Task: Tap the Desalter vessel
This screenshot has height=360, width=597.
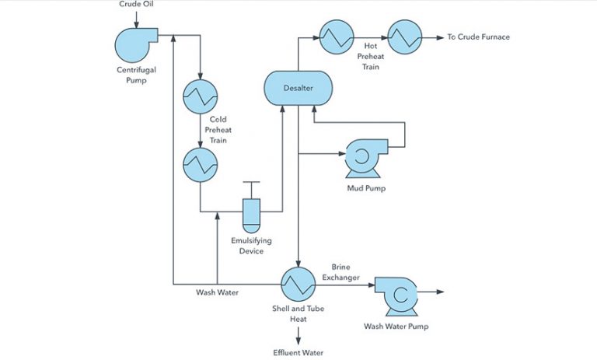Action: click(298, 88)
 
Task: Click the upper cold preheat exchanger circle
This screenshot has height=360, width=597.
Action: click(200, 97)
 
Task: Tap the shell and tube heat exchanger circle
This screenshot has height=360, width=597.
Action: click(298, 285)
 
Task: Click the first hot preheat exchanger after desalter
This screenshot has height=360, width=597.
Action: click(335, 37)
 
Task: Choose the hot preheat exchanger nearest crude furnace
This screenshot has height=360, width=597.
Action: click(404, 37)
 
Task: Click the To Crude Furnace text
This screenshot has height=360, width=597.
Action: click(478, 37)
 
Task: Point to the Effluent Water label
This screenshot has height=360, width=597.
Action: click(298, 352)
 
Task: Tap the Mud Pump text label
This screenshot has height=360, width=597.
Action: click(366, 187)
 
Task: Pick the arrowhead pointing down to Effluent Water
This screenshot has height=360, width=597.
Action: click(298, 339)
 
